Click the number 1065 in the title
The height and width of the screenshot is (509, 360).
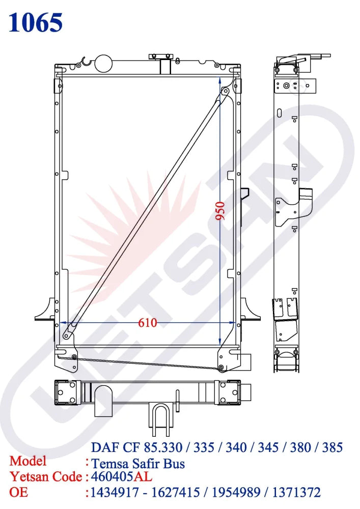coord(36,22)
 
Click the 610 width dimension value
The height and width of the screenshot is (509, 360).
coord(147,323)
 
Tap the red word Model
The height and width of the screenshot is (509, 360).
coord(28,461)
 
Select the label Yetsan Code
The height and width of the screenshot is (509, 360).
coord(46,477)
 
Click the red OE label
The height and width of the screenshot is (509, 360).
coord(19,492)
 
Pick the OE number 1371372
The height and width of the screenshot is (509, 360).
coord(297,492)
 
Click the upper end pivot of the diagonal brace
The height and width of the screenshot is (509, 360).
coord(224,92)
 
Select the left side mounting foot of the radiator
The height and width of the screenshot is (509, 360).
coord(45,311)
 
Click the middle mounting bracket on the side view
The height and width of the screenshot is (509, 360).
coord(293,208)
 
